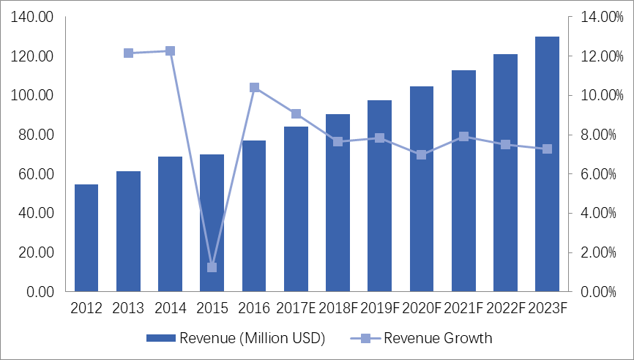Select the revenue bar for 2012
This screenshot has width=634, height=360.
86,238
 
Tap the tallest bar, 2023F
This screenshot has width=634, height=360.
547,164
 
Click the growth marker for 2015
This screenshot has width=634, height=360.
212,267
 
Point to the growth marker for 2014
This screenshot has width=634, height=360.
170,51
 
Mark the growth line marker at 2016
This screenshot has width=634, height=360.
254,87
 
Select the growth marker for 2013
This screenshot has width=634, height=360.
128,53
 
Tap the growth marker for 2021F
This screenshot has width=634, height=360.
463,137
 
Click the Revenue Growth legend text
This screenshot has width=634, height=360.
438,338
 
